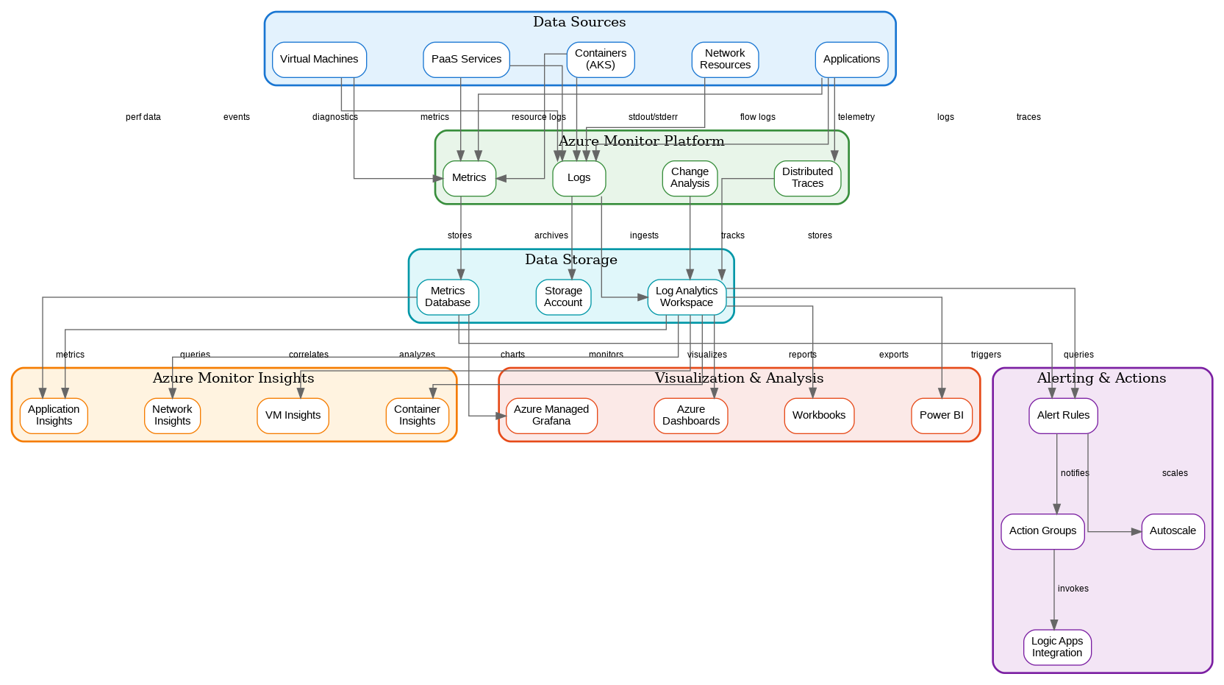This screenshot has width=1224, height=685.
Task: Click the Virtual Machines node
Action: click(x=319, y=60)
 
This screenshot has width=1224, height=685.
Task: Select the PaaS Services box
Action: click(x=466, y=60)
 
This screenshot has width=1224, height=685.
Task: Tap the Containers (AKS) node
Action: click(x=601, y=60)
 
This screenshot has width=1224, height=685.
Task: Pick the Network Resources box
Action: click(x=725, y=60)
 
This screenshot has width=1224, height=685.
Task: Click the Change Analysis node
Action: click(x=690, y=178)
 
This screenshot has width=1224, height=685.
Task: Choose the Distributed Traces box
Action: click(x=807, y=178)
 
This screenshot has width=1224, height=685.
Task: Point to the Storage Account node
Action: click(x=563, y=297)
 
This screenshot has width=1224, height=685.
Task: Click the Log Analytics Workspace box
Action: click(x=687, y=297)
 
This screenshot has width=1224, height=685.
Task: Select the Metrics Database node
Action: click(x=448, y=297)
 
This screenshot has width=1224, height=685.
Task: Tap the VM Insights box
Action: click(x=293, y=416)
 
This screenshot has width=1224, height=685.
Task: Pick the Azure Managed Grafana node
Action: click(x=551, y=416)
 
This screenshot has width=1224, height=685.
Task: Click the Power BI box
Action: click(x=942, y=416)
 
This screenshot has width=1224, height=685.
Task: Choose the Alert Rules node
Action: click(x=1063, y=416)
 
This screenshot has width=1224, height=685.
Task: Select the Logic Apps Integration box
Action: click(x=1057, y=647)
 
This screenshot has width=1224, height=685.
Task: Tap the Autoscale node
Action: click(x=1173, y=531)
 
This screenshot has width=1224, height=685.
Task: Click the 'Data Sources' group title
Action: click(x=579, y=22)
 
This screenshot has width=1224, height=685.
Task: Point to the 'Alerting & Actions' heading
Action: click(x=1101, y=378)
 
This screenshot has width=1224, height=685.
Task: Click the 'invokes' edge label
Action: click(x=1073, y=589)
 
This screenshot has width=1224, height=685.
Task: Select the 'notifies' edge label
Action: click(x=1075, y=473)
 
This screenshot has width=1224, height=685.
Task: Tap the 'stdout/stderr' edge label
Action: click(x=653, y=117)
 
